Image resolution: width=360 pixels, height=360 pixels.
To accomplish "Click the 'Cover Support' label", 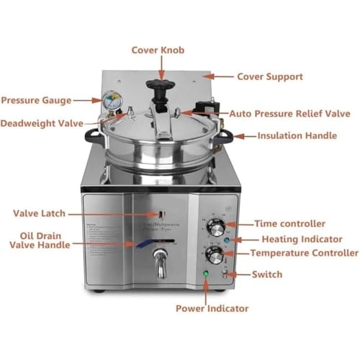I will [269, 76].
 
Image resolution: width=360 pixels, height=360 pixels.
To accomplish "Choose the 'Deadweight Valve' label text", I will [42, 123].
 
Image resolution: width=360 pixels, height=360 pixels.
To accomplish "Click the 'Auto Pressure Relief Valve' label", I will [289, 113].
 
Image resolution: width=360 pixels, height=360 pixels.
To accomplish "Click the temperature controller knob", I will [213, 256].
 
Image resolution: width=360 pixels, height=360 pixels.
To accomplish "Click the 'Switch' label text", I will [267, 274].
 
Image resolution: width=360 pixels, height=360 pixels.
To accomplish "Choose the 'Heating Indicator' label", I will [297, 238].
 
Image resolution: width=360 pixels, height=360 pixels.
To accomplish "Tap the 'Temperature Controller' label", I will [303, 253].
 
